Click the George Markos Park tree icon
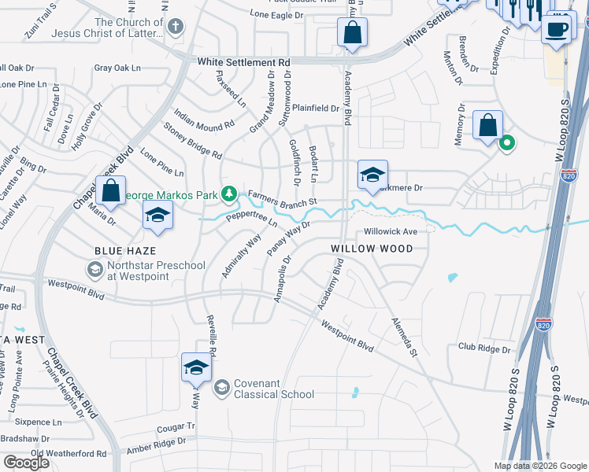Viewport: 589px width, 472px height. click(x=229, y=193)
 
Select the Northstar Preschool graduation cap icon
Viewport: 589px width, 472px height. click(x=94, y=270)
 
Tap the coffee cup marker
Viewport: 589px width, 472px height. click(x=558, y=29)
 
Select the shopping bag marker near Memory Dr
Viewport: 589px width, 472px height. click(x=488, y=125)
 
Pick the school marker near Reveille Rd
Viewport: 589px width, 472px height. click(x=196, y=367)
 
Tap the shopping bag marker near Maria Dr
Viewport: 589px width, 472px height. click(x=110, y=191)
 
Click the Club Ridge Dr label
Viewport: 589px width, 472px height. click(x=484, y=347)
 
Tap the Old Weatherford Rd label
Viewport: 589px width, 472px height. click(x=69, y=454)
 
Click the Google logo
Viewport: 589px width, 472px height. click(x=26, y=462)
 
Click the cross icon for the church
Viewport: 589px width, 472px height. click(x=175, y=27)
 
